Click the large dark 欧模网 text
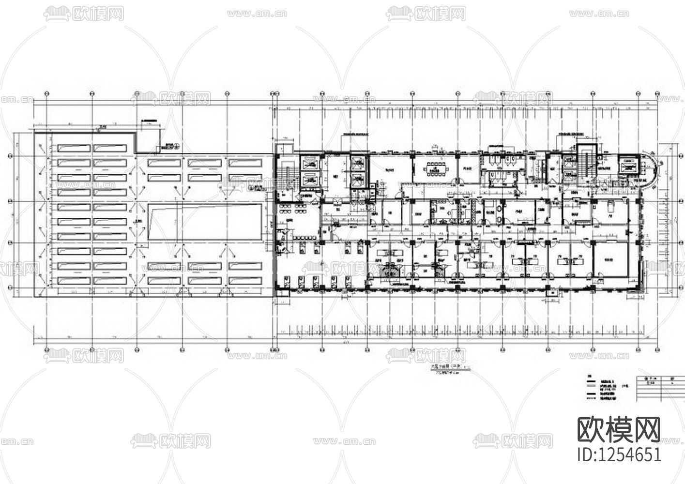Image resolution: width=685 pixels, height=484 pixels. click(x=619, y=429)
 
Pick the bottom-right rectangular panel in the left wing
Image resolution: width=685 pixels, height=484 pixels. click(x=247, y=281)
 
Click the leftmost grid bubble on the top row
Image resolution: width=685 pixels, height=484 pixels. click(x=46, y=93)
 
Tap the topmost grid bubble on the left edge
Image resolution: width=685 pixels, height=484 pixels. click(x=11, y=156)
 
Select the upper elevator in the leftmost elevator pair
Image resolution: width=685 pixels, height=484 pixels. click(x=309, y=163)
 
